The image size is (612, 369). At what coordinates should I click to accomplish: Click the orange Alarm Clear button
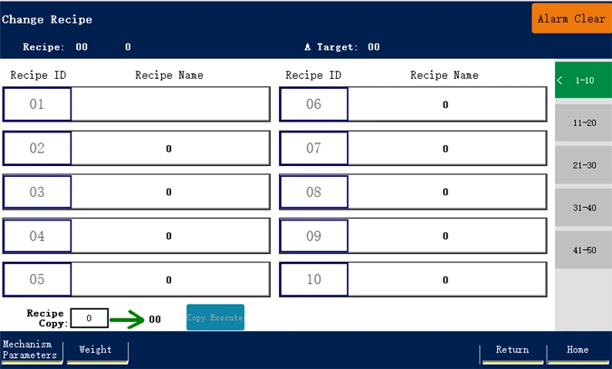[x=572, y=18]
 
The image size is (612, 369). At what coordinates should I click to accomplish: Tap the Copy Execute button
[x=215, y=318]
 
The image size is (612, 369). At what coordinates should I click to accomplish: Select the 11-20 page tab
[x=583, y=122]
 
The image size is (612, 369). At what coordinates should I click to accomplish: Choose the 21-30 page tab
[x=583, y=165]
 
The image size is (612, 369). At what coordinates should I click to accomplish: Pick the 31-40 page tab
[x=583, y=208]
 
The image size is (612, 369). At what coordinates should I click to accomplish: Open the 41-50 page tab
[x=583, y=250]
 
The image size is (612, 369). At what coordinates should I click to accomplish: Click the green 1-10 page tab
[x=583, y=80]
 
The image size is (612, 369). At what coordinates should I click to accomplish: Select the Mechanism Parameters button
[x=31, y=351]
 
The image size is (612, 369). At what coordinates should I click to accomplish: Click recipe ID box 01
[x=37, y=104]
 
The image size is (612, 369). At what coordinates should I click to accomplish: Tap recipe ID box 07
[x=314, y=148]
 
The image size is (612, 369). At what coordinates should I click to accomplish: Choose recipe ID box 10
[x=314, y=279]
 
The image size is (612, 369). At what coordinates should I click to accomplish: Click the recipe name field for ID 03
[x=170, y=192]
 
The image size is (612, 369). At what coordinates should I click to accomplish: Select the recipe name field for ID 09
[x=448, y=236]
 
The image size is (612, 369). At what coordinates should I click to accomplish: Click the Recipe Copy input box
[x=89, y=318]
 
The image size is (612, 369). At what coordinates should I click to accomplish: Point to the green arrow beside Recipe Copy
[x=127, y=320]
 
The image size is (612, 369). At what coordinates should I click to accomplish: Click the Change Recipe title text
[x=47, y=19]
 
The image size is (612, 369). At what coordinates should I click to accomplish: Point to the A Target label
[x=331, y=47]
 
